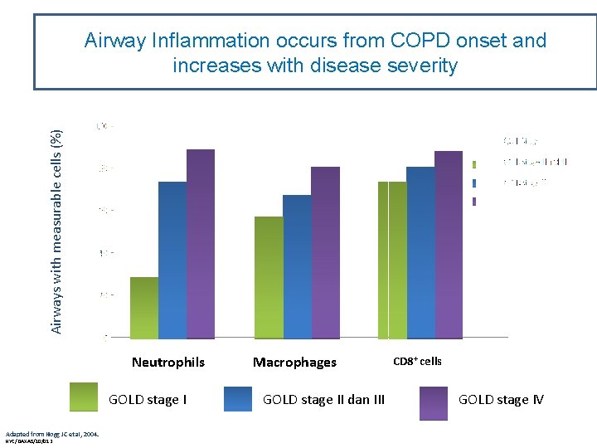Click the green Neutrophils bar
[x=144, y=308]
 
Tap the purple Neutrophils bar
[x=201, y=244]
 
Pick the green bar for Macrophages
[x=269, y=277]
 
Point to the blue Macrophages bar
[x=297, y=266]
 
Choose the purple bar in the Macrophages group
[x=325, y=252]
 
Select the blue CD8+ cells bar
[x=420, y=252]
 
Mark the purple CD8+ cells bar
[x=449, y=245]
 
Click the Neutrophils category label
[x=168, y=363]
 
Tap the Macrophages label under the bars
[x=294, y=363]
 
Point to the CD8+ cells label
[x=417, y=361]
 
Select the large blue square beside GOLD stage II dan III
[x=238, y=399]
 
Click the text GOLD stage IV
[x=501, y=400]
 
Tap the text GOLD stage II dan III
[x=323, y=400]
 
